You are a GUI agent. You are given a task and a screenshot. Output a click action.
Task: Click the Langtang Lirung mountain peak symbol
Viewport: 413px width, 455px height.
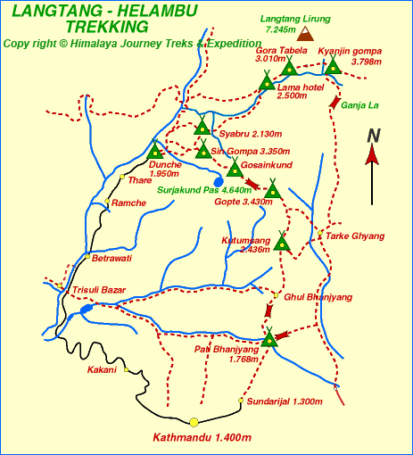pyautogui.click(x=306, y=34)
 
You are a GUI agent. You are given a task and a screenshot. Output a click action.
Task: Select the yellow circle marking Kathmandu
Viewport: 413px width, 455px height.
pyautogui.click(x=194, y=422)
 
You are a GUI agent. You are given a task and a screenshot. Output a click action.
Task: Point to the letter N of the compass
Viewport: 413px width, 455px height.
pyautogui.click(x=375, y=136)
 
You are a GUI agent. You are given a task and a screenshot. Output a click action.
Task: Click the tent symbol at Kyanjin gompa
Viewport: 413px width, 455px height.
pyautogui.click(x=333, y=66)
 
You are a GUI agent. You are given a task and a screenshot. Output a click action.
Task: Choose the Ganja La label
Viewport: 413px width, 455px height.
pyautogui.click(x=359, y=105)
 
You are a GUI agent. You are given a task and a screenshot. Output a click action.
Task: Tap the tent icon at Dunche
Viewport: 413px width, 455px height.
pyautogui.click(x=155, y=151)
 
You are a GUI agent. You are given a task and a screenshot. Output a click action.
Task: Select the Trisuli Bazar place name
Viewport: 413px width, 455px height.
pyautogui.click(x=99, y=290)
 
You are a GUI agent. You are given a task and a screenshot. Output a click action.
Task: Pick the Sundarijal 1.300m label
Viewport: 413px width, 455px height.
pyautogui.click(x=284, y=401)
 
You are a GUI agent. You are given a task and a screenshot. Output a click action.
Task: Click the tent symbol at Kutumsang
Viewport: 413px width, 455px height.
pyautogui.click(x=282, y=242)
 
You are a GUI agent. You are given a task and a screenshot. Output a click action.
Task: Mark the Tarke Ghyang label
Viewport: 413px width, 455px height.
pyautogui.click(x=355, y=236)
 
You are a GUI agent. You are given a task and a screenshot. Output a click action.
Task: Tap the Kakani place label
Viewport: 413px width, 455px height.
pyautogui.click(x=102, y=369)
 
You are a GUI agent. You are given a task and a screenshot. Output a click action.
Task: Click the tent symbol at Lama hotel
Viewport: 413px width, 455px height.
pyautogui.click(x=267, y=82)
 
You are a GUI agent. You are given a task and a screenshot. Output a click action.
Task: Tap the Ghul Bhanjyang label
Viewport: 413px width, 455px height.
pyautogui.click(x=318, y=296)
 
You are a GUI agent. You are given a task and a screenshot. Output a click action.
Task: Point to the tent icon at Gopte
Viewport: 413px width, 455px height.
pyautogui.click(x=272, y=189)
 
